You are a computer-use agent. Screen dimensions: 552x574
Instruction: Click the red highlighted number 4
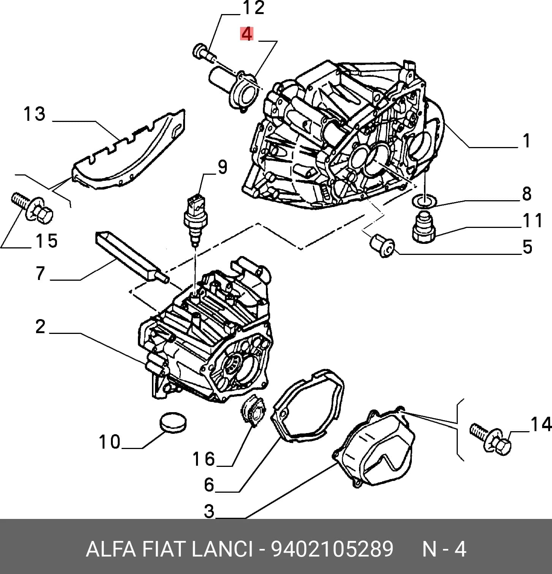247,34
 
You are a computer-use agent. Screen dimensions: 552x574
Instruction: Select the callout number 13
35,114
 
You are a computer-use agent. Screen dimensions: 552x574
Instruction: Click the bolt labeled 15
32,208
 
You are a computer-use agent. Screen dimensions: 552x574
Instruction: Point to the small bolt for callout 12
204,53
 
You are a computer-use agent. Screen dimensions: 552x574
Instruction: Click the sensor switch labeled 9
195,220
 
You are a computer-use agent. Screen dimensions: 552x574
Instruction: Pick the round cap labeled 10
173,422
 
